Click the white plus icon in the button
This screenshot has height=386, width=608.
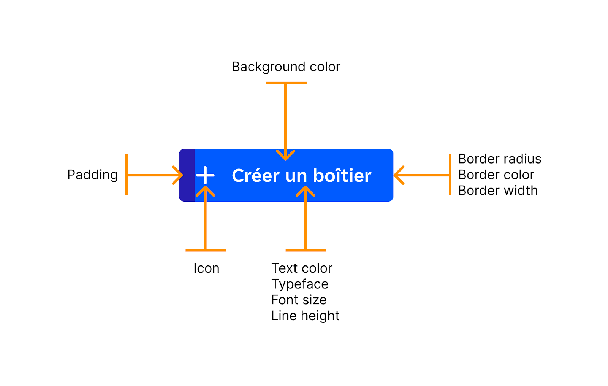(205, 175)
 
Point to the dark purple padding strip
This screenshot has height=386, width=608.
(187, 175)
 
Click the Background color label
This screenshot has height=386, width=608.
(286, 67)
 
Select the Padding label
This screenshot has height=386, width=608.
(92, 175)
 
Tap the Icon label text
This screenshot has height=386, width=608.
(206, 268)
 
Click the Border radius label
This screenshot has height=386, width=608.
(499, 159)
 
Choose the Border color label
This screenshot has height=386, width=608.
(496, 175)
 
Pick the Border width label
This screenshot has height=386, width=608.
(498, 191)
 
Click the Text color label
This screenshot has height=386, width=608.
(302, 268)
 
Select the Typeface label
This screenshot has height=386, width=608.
(299, 284)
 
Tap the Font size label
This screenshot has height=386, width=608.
(299, 300)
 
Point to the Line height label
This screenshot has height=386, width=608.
(305, 316)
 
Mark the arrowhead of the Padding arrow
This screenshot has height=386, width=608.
(179, 175)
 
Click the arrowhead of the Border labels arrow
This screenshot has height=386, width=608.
(398, 175)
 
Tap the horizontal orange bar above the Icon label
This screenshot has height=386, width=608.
(206, 250)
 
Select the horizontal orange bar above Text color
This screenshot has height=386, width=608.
(306, 250)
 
